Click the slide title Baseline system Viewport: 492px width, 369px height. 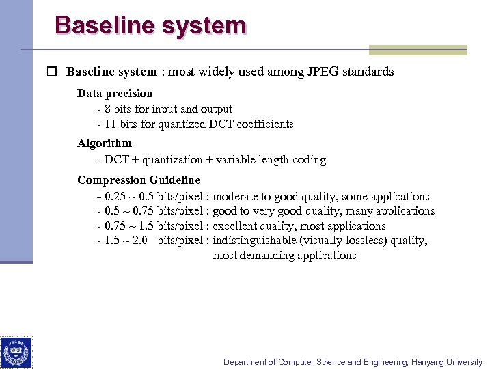[150, 25]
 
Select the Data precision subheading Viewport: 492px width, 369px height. [115, 93]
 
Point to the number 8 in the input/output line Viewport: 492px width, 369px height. [108, 109]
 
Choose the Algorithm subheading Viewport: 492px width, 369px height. [104, 143]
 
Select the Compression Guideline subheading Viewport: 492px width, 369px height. [139, 180]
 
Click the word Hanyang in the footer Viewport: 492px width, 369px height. [432, 362]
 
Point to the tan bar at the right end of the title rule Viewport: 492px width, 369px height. [418, 50]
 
